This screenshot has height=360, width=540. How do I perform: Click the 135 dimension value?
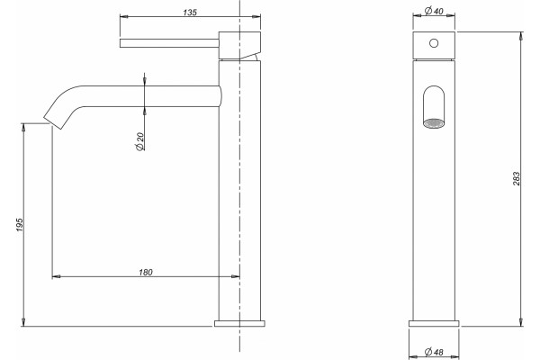pos(190,13)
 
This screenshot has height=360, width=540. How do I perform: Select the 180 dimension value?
pos(146,272)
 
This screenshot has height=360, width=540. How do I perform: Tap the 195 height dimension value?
pos(20,224)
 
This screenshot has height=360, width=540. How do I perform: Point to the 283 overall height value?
pos(517,179)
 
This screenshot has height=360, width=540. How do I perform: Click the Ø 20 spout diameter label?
pos(140,141)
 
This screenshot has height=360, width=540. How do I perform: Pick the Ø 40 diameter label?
pos(434,11)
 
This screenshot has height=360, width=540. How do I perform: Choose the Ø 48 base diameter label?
pos(434,352)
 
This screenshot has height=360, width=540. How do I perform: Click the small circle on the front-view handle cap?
pos(434,43)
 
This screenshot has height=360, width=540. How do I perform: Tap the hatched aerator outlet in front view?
pos(434,123)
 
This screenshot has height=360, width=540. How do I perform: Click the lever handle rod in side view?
pos(169,43)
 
